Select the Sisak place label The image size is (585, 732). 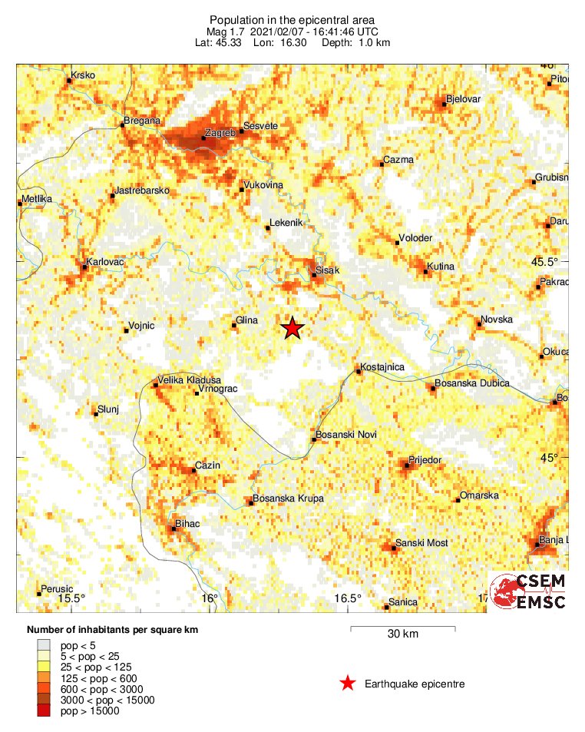coord(328,270)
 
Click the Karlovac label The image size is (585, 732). coord(106,262)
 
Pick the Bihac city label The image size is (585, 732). coord(188,523)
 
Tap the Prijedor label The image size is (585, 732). coord(426,459)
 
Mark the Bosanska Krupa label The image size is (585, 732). coord(289,498)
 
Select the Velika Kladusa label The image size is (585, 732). coord(189,380)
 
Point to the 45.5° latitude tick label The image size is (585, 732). coord(545,262)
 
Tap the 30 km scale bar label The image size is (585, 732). coord(402,634)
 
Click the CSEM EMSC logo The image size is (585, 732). coord(528,592)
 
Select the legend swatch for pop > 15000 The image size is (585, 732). coord(43,711)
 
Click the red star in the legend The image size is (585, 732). coord(348,683)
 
